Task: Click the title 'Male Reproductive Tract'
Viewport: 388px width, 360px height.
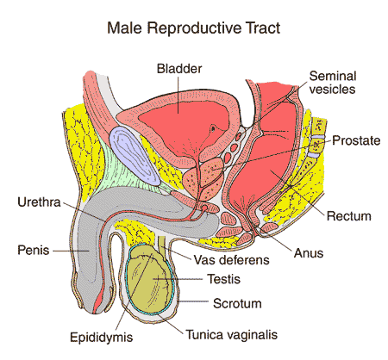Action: (193, 28)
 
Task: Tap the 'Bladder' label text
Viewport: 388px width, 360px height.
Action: (179, 67)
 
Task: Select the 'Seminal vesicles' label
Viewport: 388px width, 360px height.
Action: (332, 81)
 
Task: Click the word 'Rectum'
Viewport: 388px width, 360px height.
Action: (347, 214)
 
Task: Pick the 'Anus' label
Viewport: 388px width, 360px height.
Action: (309, 254)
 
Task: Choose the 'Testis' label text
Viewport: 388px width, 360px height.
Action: (222, 279)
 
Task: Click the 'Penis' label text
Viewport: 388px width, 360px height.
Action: (34, 251)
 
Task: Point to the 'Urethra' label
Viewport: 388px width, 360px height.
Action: (40, 203)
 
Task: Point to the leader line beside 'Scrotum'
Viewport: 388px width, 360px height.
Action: (197, 302)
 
